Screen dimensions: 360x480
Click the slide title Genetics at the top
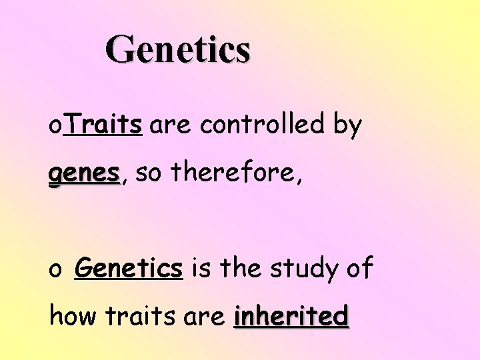(178, 50)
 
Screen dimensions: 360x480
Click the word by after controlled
(348, 125)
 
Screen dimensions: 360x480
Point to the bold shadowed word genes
(83, 175)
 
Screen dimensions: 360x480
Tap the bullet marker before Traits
(55, 127)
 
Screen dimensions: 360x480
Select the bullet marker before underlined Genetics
(55, 271)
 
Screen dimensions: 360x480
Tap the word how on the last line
(72, 316)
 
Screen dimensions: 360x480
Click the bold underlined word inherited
(291, 316)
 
